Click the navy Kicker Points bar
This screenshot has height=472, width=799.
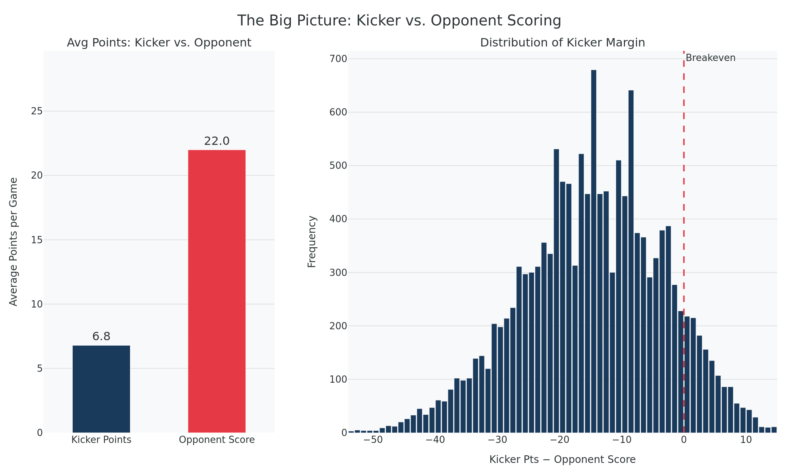(x=101, y=389)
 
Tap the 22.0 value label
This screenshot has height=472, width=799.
(x=217, y=141)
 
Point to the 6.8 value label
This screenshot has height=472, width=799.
(x=101, y=337)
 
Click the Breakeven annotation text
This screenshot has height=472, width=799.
(x=710, y=58)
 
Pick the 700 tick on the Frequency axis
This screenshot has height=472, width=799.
(x=338, y=59)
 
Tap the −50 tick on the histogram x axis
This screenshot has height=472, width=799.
(x=373, y=440)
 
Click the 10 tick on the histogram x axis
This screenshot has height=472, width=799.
(x=746, y=440)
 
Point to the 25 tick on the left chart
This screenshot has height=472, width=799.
(x=37, y=111)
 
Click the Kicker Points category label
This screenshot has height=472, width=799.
(x=101, y=440)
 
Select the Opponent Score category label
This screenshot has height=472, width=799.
(x=217, y=440)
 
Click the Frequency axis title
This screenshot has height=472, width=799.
(x=312, y=242)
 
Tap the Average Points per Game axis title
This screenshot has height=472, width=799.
(x=13, y=242)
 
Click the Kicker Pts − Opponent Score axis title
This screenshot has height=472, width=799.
(x=562, y=460)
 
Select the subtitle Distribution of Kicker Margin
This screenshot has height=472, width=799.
(x=562, y=43)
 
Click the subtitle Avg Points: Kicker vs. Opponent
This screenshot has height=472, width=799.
(x=159, y=43)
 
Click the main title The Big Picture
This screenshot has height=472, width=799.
(x=399, y=21)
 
